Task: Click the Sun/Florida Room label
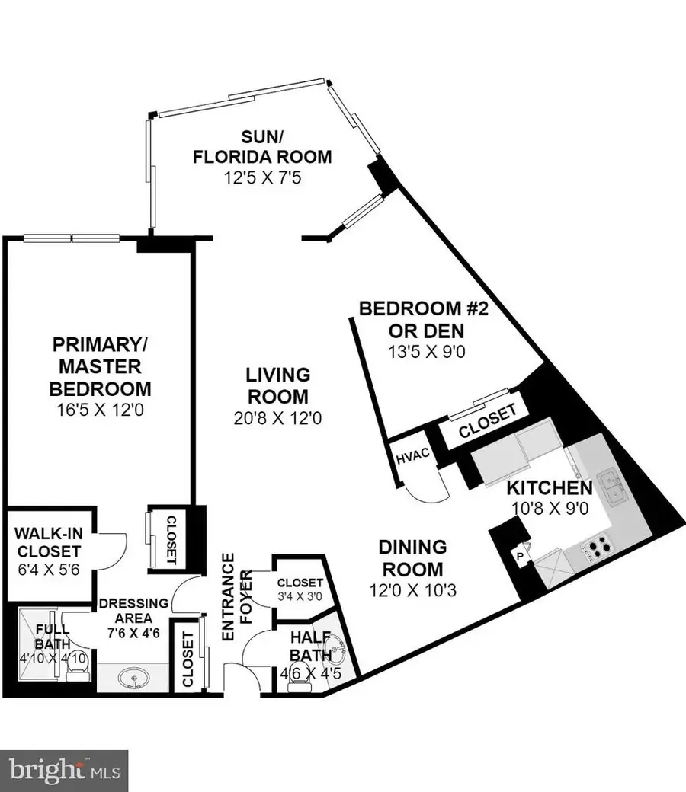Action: tap(261, 148)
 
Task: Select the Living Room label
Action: tap(277, 385)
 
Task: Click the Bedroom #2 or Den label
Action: tap(412, 319)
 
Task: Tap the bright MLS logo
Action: tap(64, 764)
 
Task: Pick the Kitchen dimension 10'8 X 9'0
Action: tap(549, 508)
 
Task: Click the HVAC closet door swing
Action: tap(425, 487)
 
